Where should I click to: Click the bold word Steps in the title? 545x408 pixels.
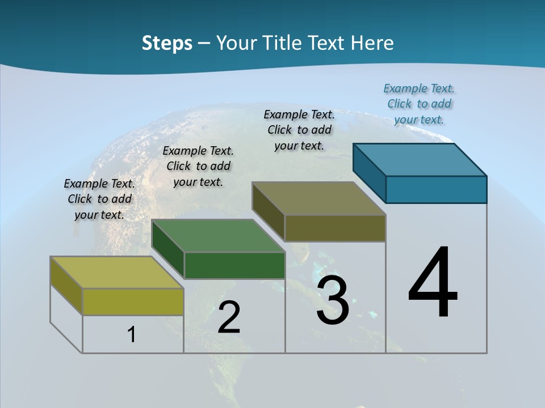[x=167, y=43]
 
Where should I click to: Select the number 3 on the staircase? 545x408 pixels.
[x=333, y=300]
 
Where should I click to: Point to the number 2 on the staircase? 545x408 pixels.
[x=229, y=317]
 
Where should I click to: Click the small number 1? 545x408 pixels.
[x=132, y=335]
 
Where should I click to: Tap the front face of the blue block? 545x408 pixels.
[x=436, y=189]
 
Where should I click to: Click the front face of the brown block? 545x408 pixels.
[x=335, y=228]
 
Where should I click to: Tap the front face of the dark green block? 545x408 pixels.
[x=234, y=265]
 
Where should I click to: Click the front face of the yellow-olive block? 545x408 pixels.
[x=133, y=301]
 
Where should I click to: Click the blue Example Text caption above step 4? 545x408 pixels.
[x=419, y=104]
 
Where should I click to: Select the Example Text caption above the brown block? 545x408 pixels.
[x=299, y=130]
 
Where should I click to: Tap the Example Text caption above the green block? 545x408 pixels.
[x=198, y=166]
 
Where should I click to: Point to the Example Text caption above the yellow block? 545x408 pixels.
[x=99, y=199]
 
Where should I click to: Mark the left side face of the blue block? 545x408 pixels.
[x=369, y=173]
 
